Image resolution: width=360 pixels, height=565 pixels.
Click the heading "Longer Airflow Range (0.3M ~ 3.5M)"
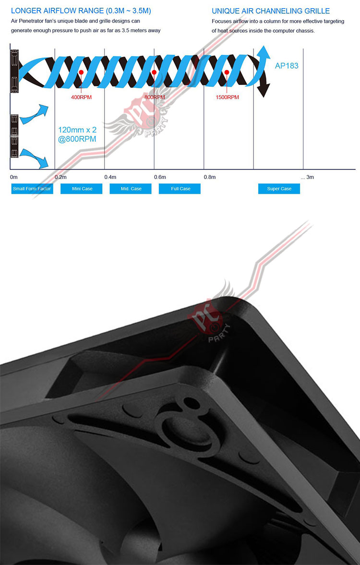(x=81, y=11)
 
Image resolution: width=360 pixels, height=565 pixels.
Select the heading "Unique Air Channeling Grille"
(x=271, y=11)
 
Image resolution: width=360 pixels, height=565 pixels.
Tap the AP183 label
(x=287, y=66)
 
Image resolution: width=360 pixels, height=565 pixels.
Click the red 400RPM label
(x=81, y=97)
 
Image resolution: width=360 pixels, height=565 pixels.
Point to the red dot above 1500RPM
(x=227, y=72)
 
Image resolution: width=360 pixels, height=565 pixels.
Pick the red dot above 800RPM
(x=154, y=72)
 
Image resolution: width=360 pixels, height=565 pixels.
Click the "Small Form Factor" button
(x=32, y=189)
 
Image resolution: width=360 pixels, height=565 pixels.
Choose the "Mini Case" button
(x=82, y=189)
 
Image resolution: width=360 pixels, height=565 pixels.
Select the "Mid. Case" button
(x=131, y=189)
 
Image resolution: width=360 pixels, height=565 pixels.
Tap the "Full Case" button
(x=180, y=189)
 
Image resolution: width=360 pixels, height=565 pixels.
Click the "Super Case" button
(x=279, y=189)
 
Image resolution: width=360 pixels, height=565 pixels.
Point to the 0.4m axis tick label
(x=110, y=177)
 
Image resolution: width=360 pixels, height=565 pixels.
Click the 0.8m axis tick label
(x=210, y=177)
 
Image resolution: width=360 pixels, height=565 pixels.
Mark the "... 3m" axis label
(x=307, y=177)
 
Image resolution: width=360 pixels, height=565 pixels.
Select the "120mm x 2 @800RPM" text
(x=77, y=134)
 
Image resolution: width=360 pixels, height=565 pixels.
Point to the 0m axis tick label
(x=14, y=177)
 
